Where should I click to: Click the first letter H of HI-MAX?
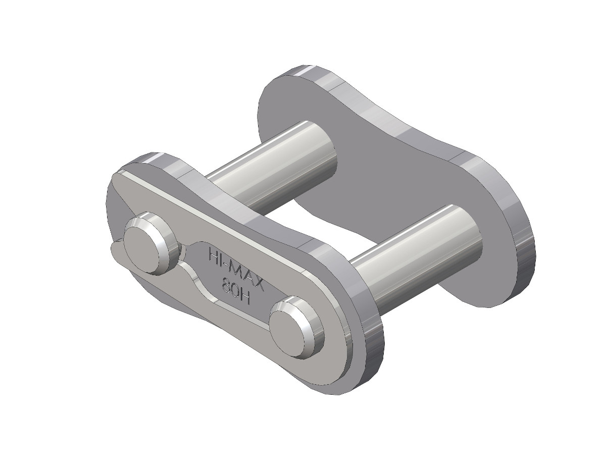213,253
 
